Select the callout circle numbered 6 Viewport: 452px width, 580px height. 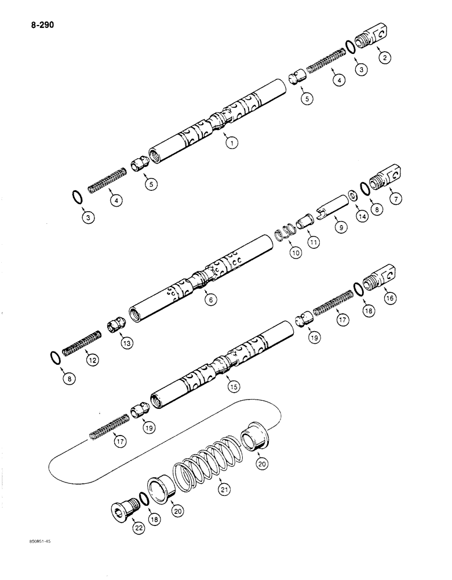[x=212, y=299]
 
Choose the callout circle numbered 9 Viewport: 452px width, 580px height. [x=341, y=228]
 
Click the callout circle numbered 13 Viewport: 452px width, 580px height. [x=126, y=343]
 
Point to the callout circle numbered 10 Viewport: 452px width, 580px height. [x=296, y=252]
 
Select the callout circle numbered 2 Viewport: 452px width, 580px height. [x=383, y=57]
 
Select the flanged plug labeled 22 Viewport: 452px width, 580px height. [x=123, y=509]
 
